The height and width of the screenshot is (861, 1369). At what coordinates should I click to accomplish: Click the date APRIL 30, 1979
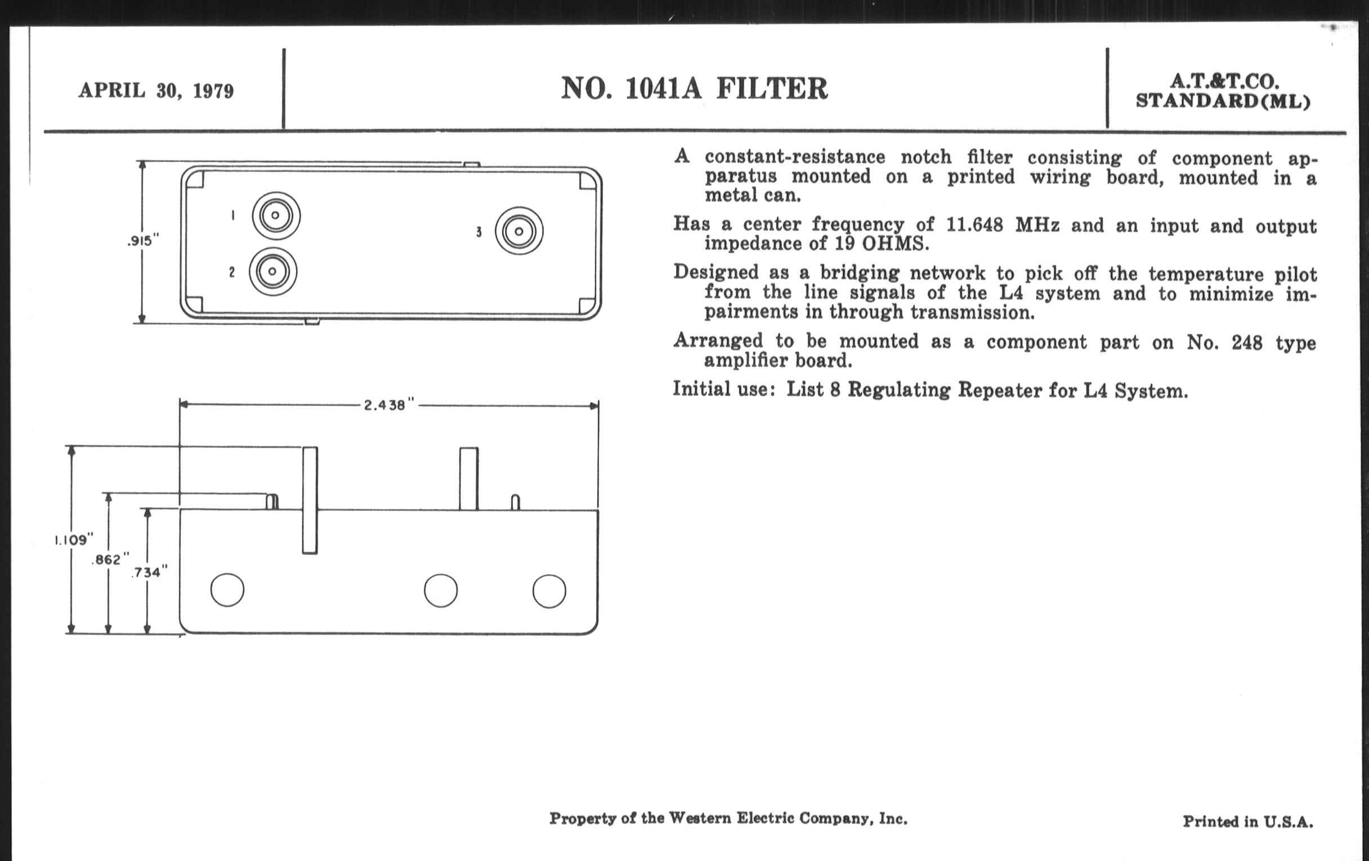coord(156,91)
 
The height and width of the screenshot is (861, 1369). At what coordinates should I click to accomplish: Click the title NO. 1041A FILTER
coord(694,89)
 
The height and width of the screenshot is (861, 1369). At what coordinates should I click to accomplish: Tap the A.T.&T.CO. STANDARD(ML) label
coord(1223,91)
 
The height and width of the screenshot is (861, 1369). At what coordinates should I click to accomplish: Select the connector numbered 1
coord(276,216)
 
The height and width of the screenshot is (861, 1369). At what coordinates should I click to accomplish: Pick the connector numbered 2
coord(273,271)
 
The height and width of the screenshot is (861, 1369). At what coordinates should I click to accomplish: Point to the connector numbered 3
coord(519,231)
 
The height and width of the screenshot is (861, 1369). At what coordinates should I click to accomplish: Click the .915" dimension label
coord(143,241)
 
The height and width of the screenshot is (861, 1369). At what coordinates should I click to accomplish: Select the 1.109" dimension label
coord(73,540)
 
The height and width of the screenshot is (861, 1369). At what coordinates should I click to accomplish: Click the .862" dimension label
coord(110,560)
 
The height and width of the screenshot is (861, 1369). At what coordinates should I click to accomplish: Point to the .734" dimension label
coord(150,572)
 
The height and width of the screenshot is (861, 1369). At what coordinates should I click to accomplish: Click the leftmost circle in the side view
coord(227,590)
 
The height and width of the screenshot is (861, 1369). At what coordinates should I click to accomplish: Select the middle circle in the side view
coord(441,590)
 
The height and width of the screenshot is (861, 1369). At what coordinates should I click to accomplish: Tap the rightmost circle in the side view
coord(549,591)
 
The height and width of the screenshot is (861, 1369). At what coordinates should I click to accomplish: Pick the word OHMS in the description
coord(896,244)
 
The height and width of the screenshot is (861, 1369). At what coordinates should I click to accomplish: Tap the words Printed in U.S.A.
coord(1248,821)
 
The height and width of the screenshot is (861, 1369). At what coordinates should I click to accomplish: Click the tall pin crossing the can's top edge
coord(310,500)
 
